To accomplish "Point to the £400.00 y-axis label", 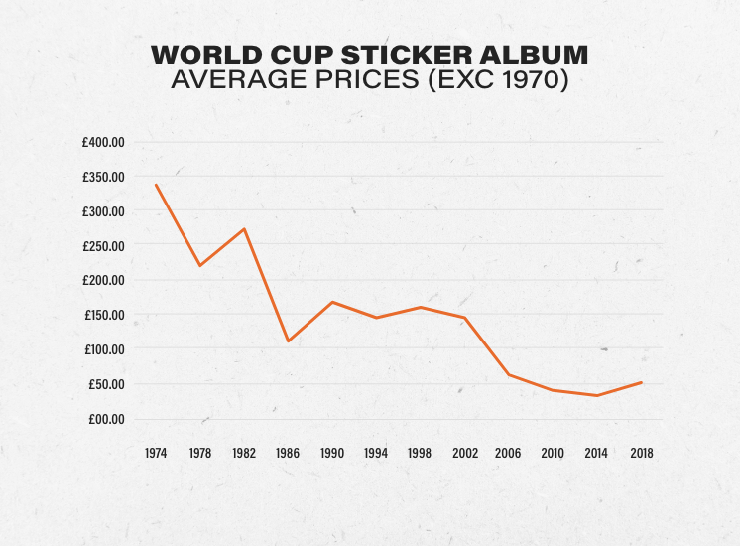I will click(103, 142).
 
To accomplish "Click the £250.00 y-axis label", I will click(103, 246).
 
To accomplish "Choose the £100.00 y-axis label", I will click(103, 349).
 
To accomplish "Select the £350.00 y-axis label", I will click(103, 177).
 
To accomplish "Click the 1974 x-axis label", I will click(156, 453).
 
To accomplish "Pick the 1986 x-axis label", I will click(288, 453).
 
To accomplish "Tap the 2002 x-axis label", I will click(464, 453).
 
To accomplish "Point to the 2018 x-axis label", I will click(641, 453).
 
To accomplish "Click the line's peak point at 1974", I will click(156, 185).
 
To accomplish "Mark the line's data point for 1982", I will click(244, 229).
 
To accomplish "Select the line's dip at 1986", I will click(288, 341).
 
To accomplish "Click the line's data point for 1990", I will click(332, 302).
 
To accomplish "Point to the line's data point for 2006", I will click(509, 374).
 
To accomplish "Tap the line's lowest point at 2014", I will click(597, 395).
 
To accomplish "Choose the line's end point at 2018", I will click(641, 382).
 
